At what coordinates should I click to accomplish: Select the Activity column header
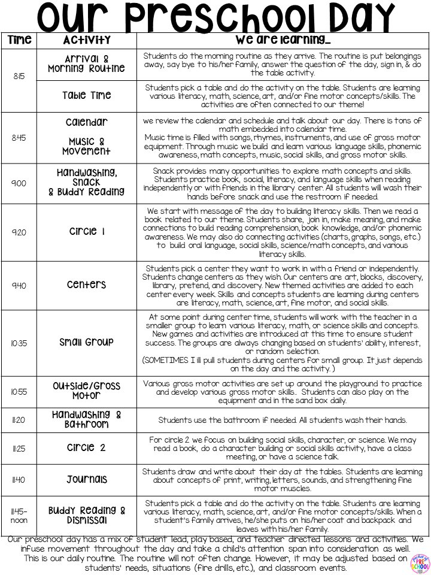point(87,40)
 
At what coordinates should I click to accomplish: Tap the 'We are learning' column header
point(283,40)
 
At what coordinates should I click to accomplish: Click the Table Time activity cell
point(87,96)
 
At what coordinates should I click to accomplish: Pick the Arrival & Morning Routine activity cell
point(87,63)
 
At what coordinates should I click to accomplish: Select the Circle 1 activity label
point(87,232)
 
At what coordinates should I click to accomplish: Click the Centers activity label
point(87,285)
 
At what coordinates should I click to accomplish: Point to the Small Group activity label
point(87,343)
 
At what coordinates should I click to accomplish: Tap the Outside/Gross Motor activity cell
point(87,391)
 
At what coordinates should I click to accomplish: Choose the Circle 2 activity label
point(87,448)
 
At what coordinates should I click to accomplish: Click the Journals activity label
point(87,480)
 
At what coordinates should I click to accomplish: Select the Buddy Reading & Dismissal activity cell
point(87,516)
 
